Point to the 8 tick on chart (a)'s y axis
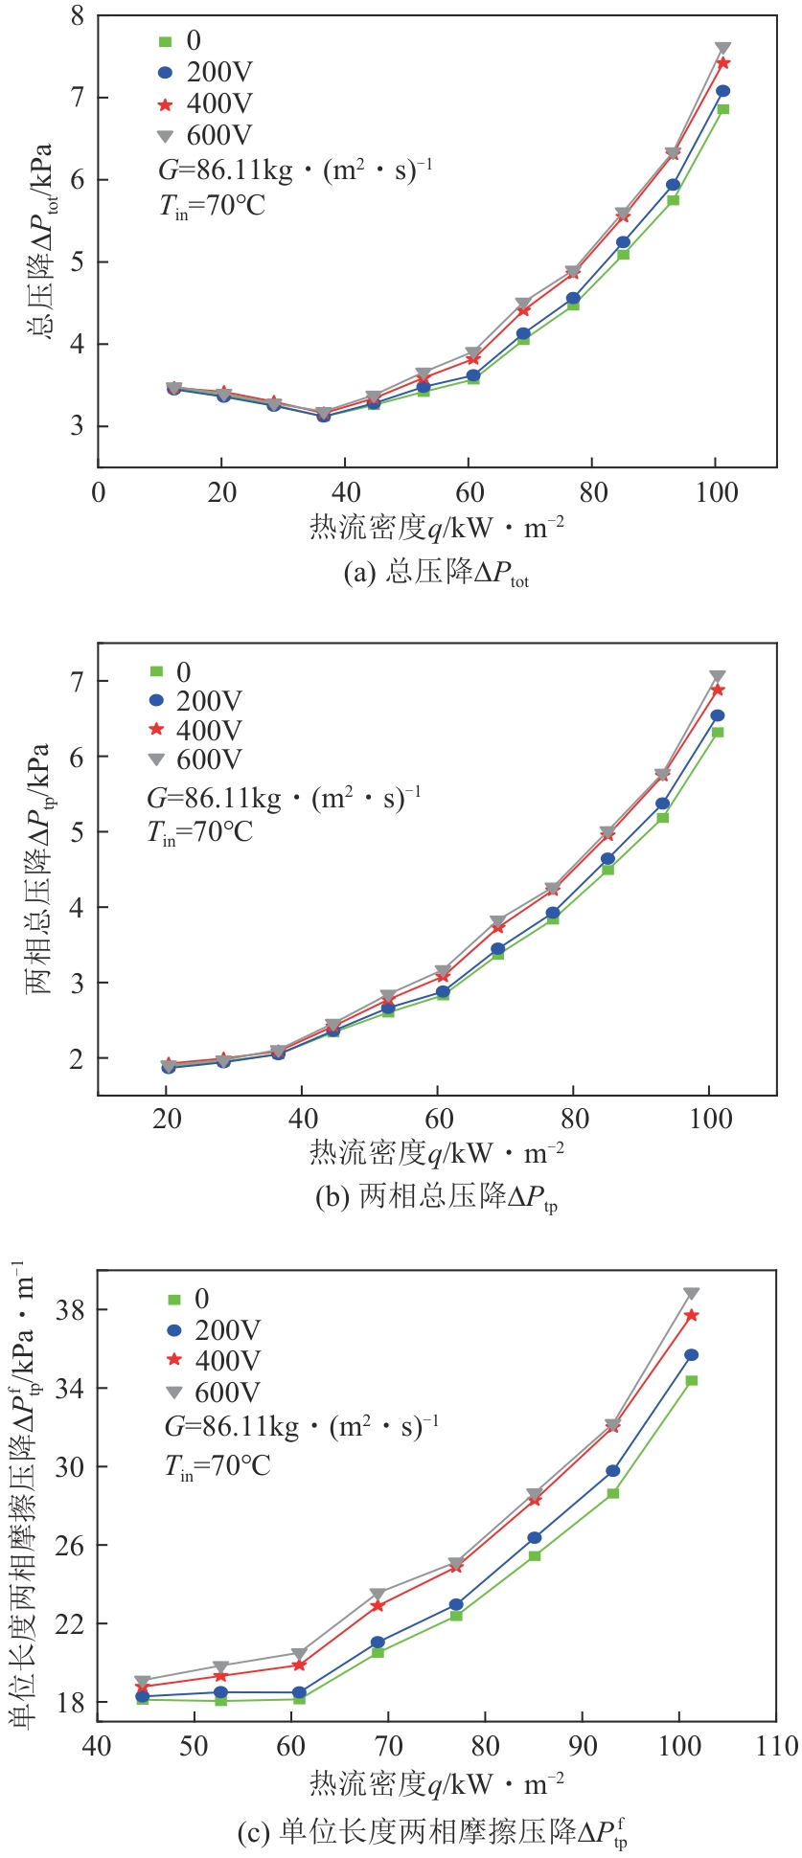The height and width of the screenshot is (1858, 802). pyautogui.click(x=77, y=16)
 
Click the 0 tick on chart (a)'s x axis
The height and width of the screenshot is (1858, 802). pyautogui.click(x=98, y=493)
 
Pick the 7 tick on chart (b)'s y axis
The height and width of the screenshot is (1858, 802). pyautogui.click(x=77, y=681)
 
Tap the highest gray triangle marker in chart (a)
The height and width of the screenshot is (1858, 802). pyautogui.click(x=723, y=49)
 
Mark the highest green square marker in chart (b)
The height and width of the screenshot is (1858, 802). pyautogui.click(x=718, y=732)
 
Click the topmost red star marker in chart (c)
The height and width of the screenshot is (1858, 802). pyautogui.click(x=691, y=1316)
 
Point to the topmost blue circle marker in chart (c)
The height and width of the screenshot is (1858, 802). pyautogui.click(x=691, y=1355)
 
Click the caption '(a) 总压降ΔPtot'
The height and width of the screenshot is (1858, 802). pyautogui.click(x=435, y=575)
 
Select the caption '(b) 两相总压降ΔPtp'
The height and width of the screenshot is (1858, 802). pyautogui.click(x=435, y=1198)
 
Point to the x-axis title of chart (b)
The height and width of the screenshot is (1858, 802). pyautogui.click(x=436, y=1153)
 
